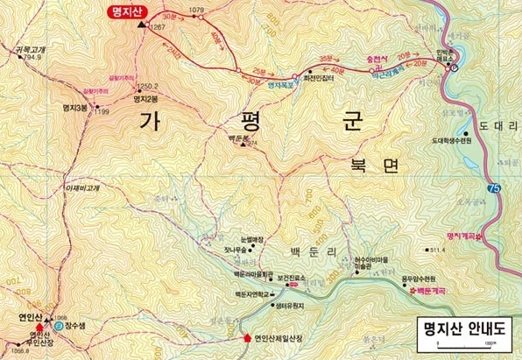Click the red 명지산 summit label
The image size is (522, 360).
tap(129, 12)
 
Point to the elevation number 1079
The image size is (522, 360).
tap(195, 10)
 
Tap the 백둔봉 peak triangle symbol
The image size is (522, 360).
tap(244, 144)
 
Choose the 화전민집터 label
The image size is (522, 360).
tap(322, 76)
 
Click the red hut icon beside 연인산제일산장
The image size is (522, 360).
tap(246, 337)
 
